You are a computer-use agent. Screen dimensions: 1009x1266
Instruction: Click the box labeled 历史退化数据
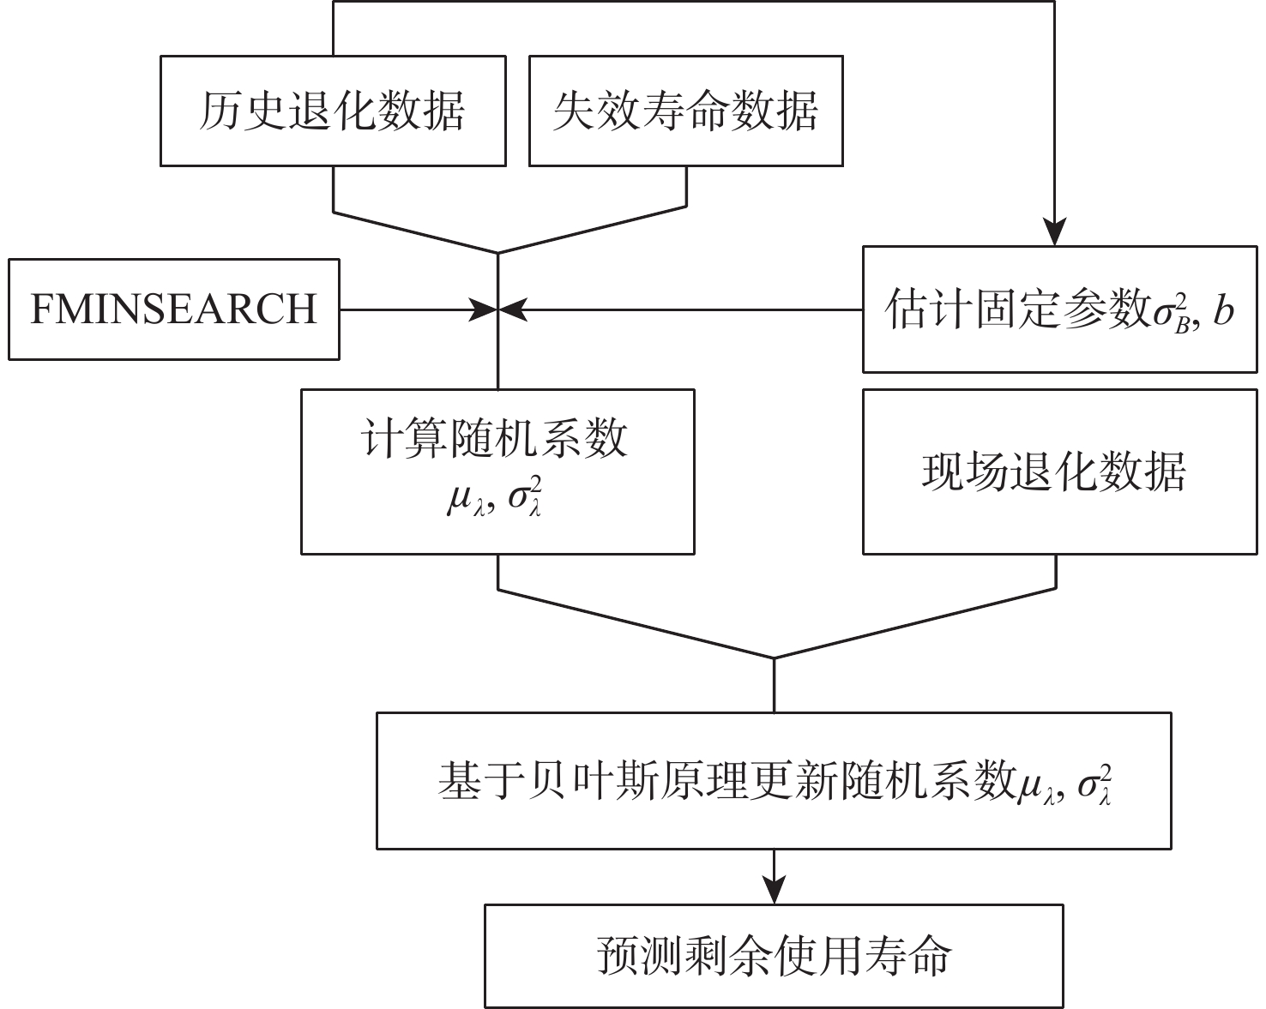[x=333, y=111]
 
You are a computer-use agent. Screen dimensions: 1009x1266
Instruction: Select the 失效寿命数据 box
[x=686, y=111]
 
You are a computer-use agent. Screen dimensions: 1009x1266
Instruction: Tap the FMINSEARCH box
[x=174, y=309]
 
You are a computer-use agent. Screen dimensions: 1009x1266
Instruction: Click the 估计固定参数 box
[x=1059, y=309]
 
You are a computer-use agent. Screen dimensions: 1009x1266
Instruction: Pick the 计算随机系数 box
[x=497, y=471]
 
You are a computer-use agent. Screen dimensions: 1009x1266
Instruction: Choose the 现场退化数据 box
[x=1059, y=471]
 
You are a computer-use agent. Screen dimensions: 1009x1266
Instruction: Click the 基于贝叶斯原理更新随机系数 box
[x=774, y=780]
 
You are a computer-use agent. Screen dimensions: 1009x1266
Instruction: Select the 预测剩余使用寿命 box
[x=774, y=956]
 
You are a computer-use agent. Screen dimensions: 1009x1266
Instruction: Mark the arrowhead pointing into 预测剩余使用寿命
[x=774, y=892]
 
